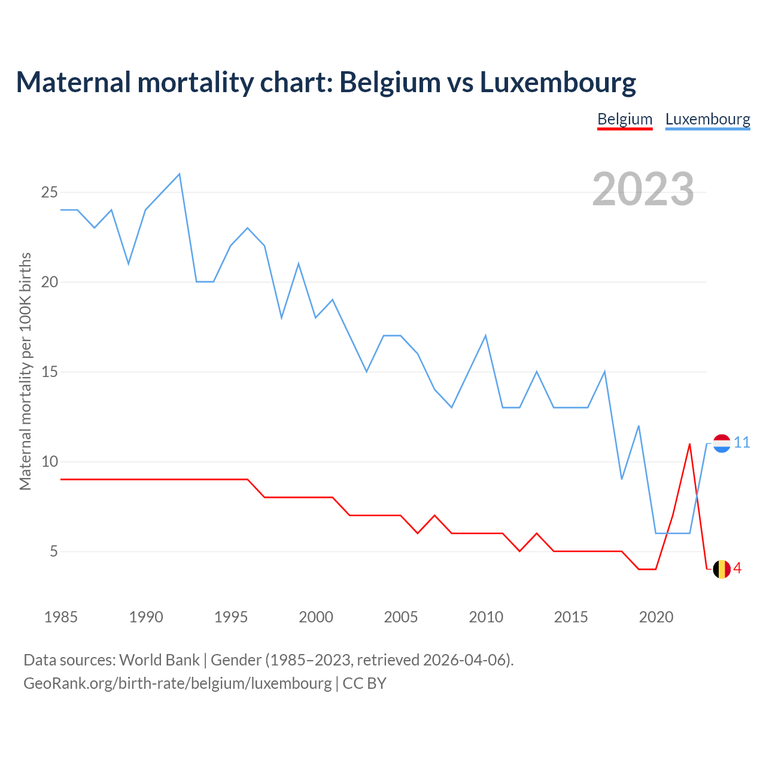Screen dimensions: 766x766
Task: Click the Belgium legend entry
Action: click(625, 119)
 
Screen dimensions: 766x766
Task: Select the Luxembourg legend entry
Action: click(707, 119)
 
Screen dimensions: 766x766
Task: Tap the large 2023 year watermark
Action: click(643, 189)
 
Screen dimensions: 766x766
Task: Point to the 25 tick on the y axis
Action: click(50, 192)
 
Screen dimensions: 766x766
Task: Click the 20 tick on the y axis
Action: click(50, 282)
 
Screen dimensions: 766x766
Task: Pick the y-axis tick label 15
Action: click(50, 372)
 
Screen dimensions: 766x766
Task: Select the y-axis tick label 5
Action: click(54, 551)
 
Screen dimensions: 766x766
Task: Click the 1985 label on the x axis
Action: click(60, 617)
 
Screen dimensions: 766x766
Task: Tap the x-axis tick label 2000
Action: click(315, 617)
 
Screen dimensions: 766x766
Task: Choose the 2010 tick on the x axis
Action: click(485, 617)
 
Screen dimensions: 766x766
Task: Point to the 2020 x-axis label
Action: click(656, 617)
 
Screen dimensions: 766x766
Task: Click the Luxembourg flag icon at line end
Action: click(722, 443)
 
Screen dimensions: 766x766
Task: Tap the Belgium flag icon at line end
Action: click(722, 569)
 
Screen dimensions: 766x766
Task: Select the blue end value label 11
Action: click(742, 443)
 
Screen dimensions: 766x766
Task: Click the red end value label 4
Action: click(738, 569)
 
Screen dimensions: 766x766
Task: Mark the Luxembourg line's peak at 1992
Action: click(180, 174)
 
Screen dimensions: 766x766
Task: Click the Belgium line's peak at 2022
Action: click(690, 444)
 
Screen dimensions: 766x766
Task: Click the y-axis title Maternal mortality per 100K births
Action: click(25, 371)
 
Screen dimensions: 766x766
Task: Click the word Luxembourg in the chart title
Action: click(558, 83)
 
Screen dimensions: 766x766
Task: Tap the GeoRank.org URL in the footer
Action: click(177, 683)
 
